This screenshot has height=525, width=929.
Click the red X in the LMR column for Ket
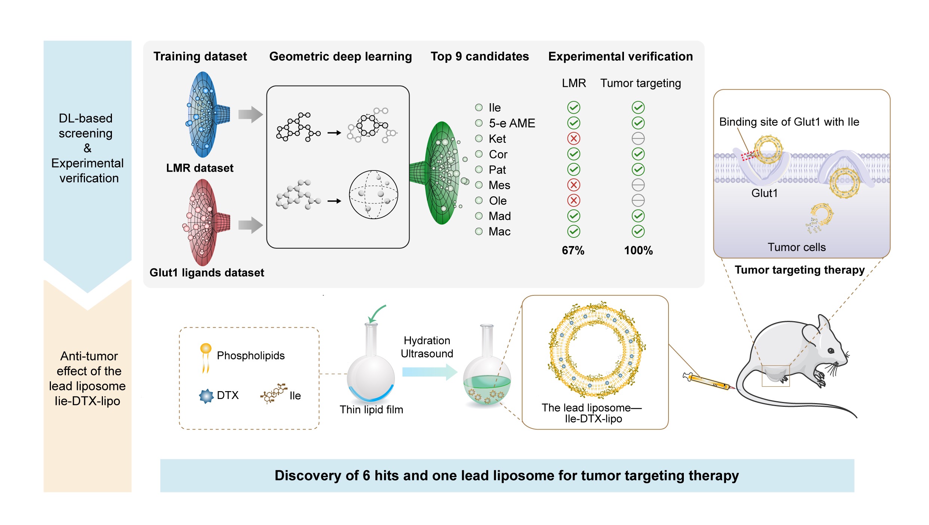pyautogui.click(x=573, y=138)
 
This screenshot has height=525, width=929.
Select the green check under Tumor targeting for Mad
pyautogui.click(x=638, y=216)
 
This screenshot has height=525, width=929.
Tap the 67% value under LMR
pyautogui.click(x=573, y=250)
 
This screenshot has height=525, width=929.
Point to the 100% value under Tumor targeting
pyautogui.click(x=638, y=250)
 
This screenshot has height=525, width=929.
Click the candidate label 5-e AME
pyautogui.click(x=512, y=123)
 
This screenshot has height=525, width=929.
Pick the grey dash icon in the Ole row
pyautogui.click(x=638, y=200)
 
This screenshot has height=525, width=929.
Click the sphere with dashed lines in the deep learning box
pyautogui.click(x=373, y=194)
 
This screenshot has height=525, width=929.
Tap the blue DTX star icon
pyautogui.click(x=206, y=396)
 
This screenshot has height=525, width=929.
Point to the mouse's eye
pyautogui.click(x=831, y=351)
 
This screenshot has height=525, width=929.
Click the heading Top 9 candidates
pyautogui.click(x=479, y=56)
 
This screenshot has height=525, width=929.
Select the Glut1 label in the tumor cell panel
pyautogui.click(x=764, y=193)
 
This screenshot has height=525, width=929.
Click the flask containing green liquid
pyautogui.click(x=487, y=385)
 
